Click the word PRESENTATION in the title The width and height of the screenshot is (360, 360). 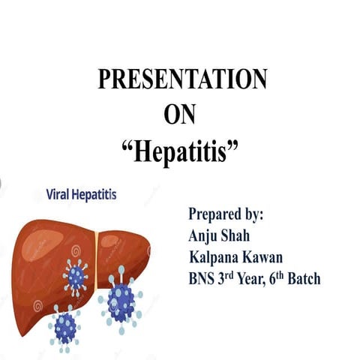tap(182, 80)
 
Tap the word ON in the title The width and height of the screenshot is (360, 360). tap(180, 114)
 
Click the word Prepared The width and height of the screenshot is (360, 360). tap(217, 214)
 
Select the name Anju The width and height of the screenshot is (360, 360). tap(204, 235)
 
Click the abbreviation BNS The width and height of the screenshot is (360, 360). tap(202, 279)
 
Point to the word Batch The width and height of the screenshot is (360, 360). tap(302, 279)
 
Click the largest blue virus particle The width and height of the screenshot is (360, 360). tap(121, 299)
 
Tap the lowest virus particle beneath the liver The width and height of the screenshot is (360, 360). tap(65, 326)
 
